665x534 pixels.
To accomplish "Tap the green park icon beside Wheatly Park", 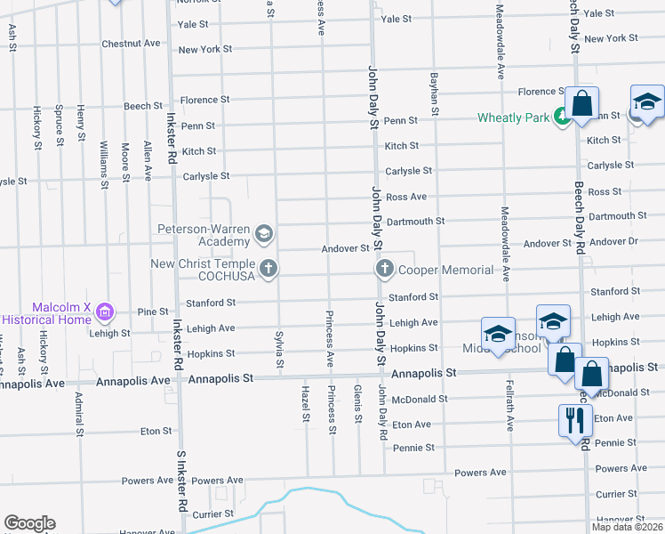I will click(x=561, y=116).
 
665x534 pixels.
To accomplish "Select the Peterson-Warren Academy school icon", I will click(x=263, y=235).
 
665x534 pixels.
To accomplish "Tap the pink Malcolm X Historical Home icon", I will click(x=106, y=311).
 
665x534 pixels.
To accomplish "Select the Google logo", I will click(x=29, y=523).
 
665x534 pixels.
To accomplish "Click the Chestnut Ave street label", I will click(x=131, y=43).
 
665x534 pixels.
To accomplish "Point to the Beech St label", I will click(x=142, y=106).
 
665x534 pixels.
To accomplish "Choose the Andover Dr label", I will click(x=614, y=241).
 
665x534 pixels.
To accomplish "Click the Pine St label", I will click(x=153, y=311).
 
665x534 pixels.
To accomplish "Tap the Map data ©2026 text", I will click(x=625, y=527).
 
